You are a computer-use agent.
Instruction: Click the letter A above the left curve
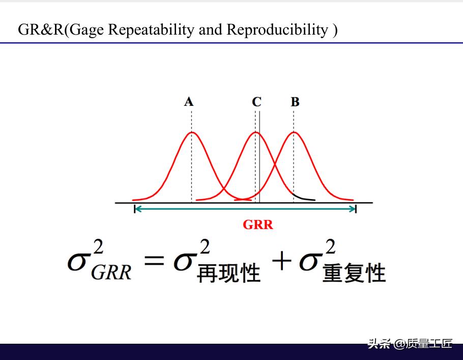[x=189, y=102]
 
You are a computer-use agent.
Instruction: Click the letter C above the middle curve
[x=256, y=102]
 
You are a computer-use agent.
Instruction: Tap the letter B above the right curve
[x=295, y=102]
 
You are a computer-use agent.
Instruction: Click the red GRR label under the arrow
[x=258, y=225]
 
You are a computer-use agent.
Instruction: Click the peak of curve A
[x=192, y=132]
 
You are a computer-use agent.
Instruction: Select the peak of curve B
[x=294, y=132]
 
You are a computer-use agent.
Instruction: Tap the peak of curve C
[x=256, y=132]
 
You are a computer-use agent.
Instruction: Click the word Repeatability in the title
[x=151, y=30]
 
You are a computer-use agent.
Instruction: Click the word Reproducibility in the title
[x=277, y=30]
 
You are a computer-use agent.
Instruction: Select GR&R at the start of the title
[x=41, y=30]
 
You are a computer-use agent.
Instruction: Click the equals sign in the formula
[x=154, y=260]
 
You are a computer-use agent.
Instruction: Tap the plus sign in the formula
[x=282, y=260]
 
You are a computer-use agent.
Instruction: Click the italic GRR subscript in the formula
[x=111, y=272]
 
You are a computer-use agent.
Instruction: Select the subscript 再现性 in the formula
[x=228, y=273]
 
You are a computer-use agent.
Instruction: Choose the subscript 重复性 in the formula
[x=354, y=273]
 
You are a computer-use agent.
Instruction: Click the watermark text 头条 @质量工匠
[x=410, y=343]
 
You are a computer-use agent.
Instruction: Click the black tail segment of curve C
[x=304, y=198]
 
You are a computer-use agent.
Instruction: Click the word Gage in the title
[x=87, y=31]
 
